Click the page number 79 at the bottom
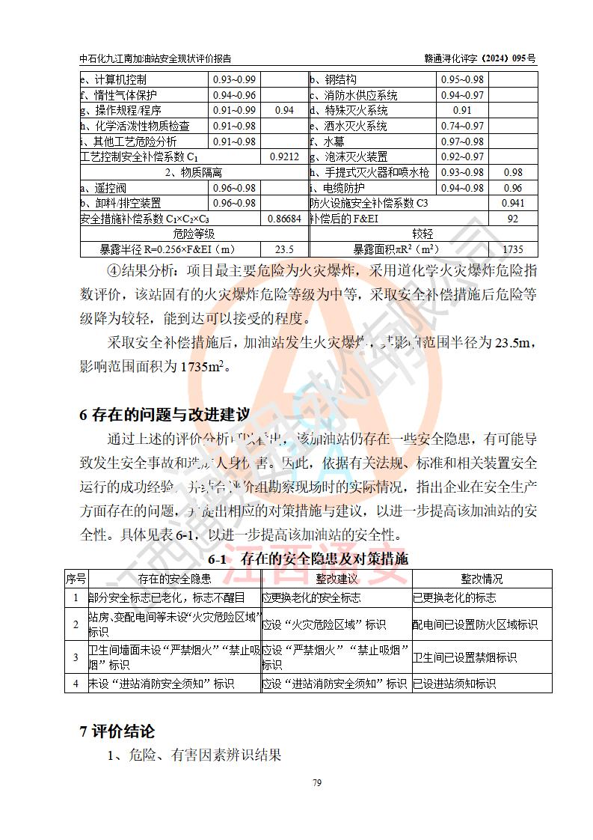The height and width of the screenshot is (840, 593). (316, 783)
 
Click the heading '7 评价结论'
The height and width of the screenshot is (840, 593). (117, 731)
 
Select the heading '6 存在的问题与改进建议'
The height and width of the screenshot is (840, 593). (165, 415)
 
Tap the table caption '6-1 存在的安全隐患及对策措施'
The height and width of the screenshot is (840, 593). (308, 559)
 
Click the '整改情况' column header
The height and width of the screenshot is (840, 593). (482, 579)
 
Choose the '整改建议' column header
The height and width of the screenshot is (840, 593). (337, 579)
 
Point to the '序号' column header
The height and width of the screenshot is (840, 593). (76, 579)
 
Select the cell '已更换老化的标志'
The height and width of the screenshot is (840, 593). (454, 598)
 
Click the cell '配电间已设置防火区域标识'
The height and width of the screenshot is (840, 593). (475, 624)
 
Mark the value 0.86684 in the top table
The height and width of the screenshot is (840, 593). (284, 219)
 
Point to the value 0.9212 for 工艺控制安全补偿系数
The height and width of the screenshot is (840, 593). (284, 156)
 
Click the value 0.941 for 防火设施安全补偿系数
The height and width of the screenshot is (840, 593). (513, 203)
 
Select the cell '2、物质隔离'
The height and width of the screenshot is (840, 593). (193, 172)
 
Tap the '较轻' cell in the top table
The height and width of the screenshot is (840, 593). (423, 234)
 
